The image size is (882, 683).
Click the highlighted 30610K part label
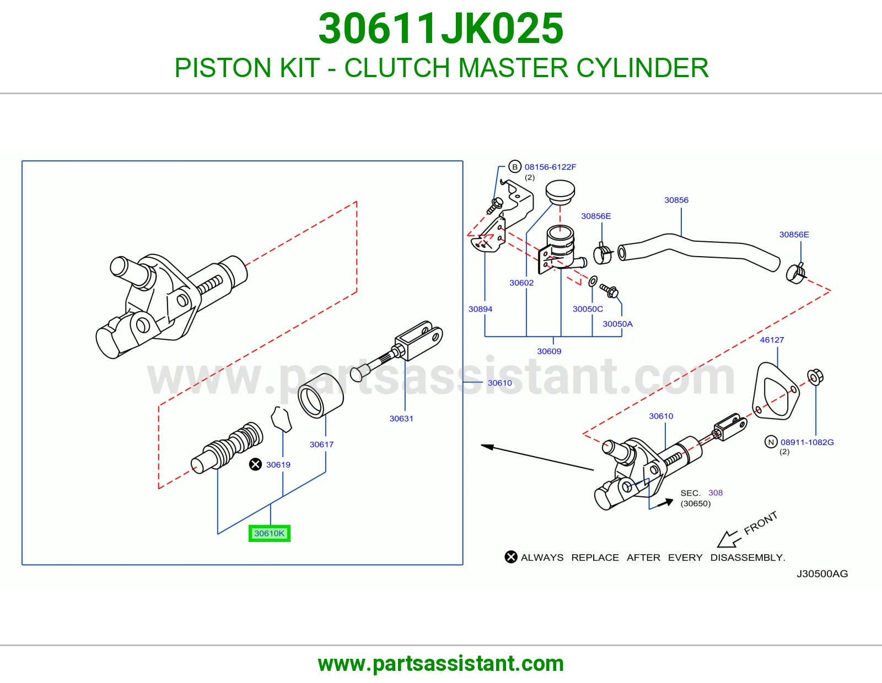(269, 533)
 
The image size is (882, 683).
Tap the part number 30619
(278, 465)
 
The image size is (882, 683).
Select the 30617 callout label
(321, 445)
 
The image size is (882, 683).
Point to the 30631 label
(401, 419)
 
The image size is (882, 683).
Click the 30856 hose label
(676, 200)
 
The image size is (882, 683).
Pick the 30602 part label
(521, 283)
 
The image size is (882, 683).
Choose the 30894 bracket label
(480, 309)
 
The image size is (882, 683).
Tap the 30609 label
(549, 351)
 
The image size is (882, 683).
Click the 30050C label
(588, 309)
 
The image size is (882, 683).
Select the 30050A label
(618, 324)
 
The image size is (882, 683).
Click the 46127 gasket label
(772, 340)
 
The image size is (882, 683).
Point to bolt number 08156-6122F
(550, 167)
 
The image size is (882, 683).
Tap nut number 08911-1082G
(808, 442)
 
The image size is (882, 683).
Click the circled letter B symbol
(515, 167)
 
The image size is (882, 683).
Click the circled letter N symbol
(771, 442)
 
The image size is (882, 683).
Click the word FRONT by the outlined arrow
(761, 523)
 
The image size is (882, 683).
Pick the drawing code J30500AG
(822, 574)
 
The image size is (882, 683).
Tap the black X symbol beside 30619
(255, 464)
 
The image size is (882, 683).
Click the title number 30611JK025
(441, 29)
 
